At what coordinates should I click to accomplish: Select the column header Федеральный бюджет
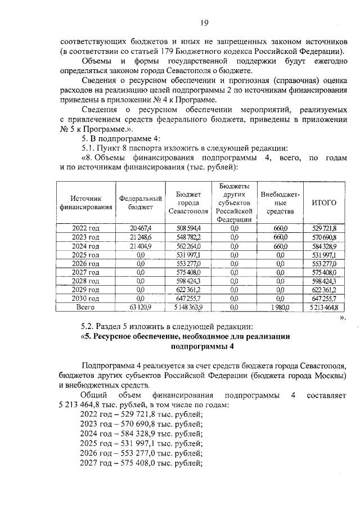pos(141,202)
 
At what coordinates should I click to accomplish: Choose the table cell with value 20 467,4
pos(141,228)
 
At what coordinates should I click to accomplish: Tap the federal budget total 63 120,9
pos(141,308)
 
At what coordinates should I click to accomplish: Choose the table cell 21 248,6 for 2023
pos(141,237)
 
